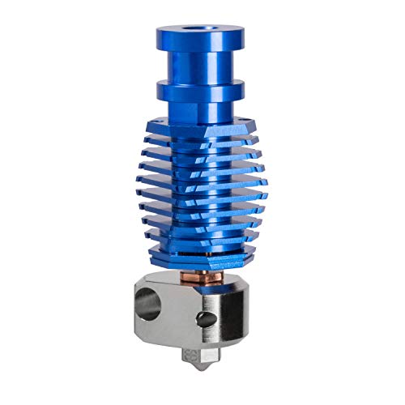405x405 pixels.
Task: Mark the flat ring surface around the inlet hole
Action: coord(188,32)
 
